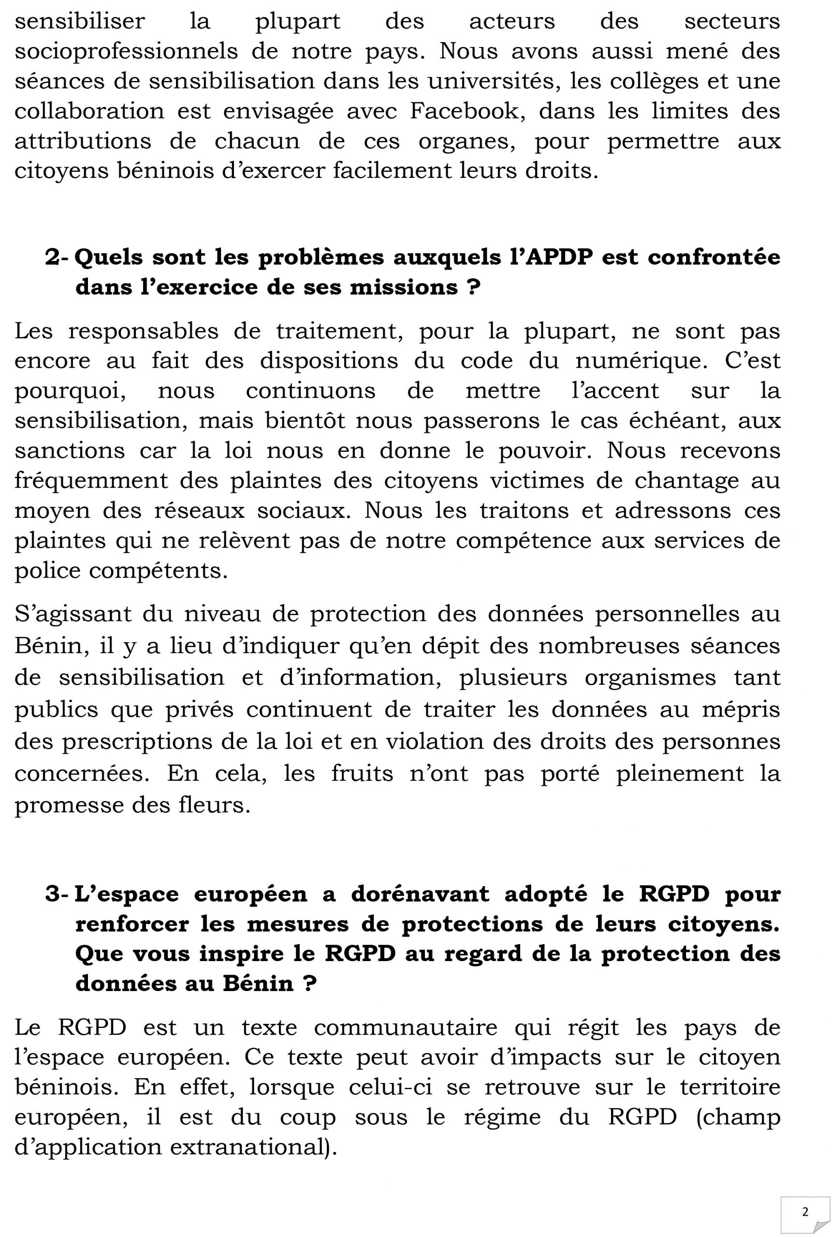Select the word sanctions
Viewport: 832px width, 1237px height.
[70, 451]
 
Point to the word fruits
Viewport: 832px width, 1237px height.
[363, 774]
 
